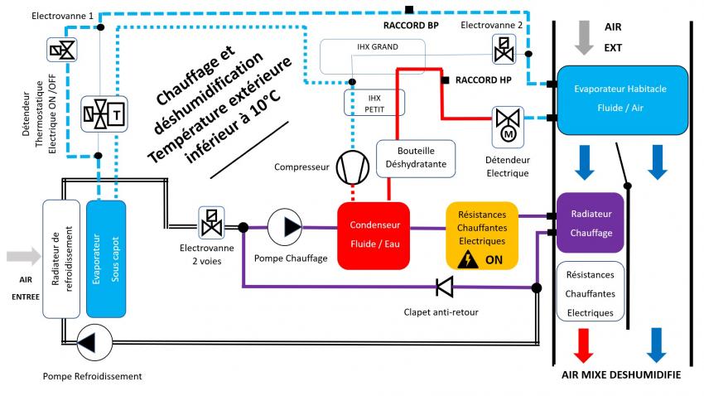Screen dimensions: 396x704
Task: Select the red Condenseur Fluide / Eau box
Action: tap(374, 235)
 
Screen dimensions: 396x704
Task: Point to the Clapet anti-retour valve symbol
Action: tap(445, 287)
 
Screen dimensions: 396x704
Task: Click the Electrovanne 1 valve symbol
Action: tap(61, 52)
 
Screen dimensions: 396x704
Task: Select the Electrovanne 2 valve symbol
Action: tap(504, 50)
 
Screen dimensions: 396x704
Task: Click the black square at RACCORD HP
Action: tap(446, 80)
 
